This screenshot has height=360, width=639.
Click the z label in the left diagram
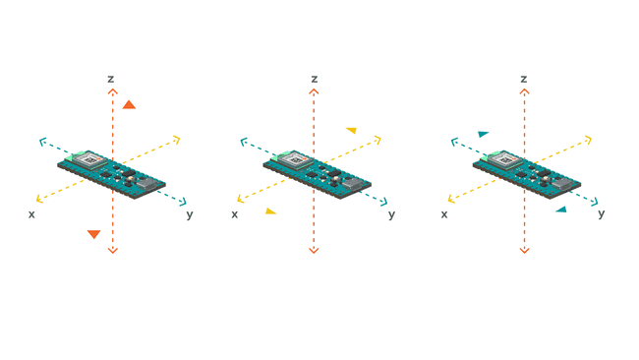pos(111,79)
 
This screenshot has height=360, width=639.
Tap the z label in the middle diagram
pos(315,79)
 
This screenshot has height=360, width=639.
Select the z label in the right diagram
pos(524,79)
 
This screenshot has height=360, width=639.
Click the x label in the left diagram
pos(31,213)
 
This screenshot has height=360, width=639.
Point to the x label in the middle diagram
pos(234,213)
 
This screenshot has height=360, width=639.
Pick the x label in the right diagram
pos(444,213)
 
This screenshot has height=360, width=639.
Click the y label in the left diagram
pos(190,213)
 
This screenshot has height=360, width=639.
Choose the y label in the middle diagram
pos(391,213)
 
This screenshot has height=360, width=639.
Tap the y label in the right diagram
pos(602,213)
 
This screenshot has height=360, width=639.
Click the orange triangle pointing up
pos(129,104)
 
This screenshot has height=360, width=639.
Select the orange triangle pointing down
pos(93,234)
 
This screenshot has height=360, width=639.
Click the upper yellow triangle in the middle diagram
pos(351,130)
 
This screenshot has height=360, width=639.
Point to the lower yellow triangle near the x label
pos(270,210)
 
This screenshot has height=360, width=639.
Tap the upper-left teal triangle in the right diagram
pos(483,134)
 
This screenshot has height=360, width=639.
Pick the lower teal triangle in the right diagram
pos(561,209)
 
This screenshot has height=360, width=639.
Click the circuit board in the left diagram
pos(111,171)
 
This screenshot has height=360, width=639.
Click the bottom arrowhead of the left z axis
pos(112,250)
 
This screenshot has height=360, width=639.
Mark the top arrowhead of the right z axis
pos(524,91)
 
